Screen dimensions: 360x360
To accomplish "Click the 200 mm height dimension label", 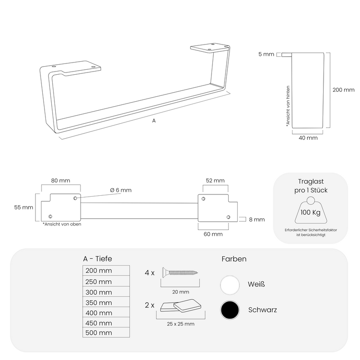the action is (343, 90).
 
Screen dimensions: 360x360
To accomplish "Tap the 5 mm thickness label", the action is (266, 54).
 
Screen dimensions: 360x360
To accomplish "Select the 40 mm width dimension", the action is (308, 138).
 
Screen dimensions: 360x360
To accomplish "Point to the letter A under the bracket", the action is (154, 121).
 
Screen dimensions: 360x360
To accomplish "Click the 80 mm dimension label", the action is (61, 180).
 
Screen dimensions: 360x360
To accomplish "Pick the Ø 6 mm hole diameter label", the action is (121, 190).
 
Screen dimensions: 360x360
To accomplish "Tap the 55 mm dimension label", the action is (24, 207).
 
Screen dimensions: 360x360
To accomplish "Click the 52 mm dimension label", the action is (215, 180).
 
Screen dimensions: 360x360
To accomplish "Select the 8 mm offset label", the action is (257, 220).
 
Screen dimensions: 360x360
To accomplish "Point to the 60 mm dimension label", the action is (213, 234).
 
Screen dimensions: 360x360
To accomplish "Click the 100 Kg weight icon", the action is (310, 210).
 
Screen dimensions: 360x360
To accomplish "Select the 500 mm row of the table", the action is (106, 333).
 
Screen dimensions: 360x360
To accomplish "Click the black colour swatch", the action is (230, 310).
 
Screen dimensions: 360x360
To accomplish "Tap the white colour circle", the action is (230, 285).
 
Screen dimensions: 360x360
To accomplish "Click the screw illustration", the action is (180, 273).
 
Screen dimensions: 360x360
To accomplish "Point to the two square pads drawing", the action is (181, 306).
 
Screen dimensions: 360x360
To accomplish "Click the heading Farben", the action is (234, 259).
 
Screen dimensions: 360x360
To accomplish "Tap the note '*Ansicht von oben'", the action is (62, 224).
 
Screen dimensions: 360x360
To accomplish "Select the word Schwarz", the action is (262, 310).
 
